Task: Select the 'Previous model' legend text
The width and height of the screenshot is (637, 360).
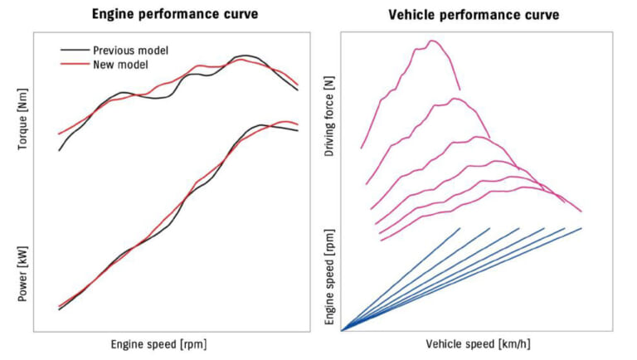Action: [130, 51]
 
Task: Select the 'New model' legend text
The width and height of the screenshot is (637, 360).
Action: [120, 65]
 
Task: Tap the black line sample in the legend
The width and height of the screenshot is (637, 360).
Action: [75, 51]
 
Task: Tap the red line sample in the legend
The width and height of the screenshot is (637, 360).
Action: [75, 65]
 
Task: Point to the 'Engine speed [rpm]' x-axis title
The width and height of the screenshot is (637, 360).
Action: [158, 343]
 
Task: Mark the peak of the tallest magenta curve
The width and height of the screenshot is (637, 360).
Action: [431, 41]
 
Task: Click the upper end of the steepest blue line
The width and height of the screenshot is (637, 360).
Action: [460, 228]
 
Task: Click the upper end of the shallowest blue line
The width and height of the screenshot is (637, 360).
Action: [581, 228]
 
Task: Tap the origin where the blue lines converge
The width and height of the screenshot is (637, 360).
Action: [342, 330]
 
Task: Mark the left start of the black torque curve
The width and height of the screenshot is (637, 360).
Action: [59, 150]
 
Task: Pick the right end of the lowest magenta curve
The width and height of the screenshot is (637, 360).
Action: [581, 212]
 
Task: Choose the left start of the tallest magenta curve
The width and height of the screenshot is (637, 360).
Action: [361, 148]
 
